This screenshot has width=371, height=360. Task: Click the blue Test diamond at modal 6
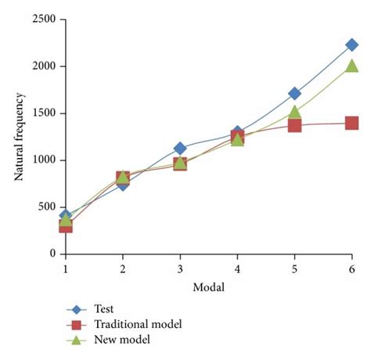(x=351, y=45)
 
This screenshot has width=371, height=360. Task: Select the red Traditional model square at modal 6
(x=351, y=123)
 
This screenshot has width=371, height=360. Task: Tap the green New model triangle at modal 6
(x=351, y=66)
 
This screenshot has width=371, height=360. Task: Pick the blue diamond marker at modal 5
(x=294, y=94)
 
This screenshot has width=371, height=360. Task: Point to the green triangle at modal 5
(x=294, y=112)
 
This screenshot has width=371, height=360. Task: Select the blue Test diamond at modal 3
(x=180, y=148)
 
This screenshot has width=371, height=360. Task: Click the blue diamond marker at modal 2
(x=123, y=184)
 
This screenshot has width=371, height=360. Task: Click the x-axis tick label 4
(x=237, y=269)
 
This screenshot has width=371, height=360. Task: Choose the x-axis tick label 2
(x=123, y=269)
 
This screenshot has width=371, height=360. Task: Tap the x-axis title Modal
(x=208, y=287)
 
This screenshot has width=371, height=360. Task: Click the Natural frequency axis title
(x=19, y=137)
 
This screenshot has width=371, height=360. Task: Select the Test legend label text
(x=104, y=309)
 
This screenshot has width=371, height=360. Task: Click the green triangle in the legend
(x=77, y=338)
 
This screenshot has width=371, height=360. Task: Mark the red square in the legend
(x=77, y=324)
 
